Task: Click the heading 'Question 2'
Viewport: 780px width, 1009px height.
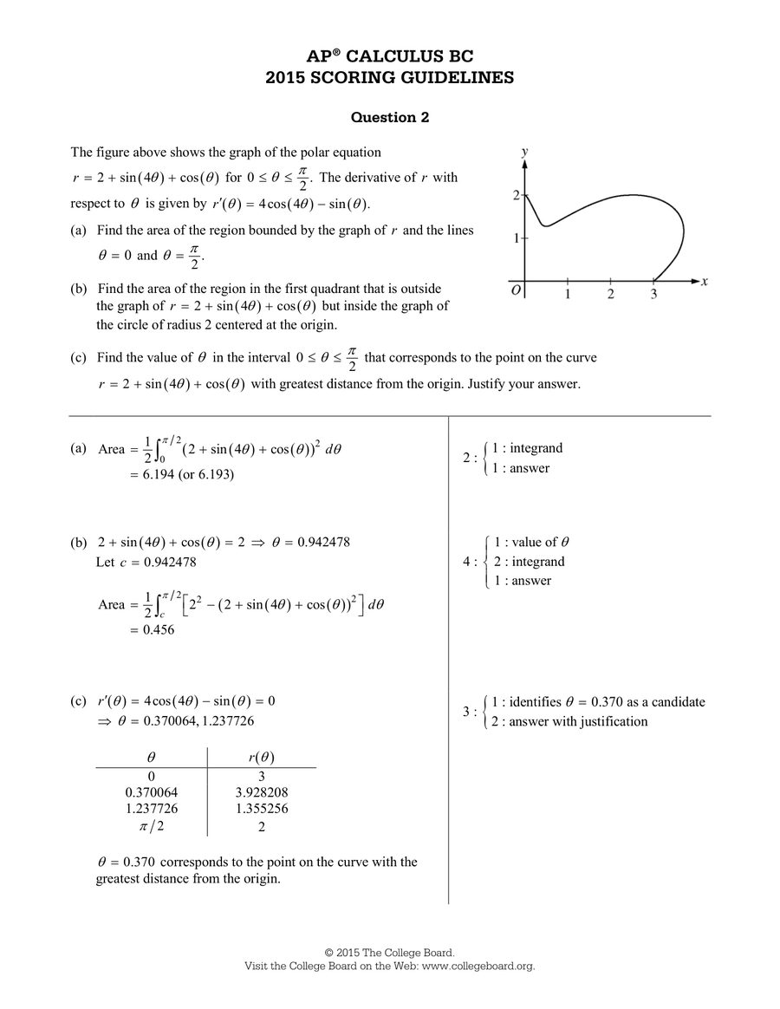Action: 389,117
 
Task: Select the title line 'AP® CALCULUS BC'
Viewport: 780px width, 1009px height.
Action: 389,57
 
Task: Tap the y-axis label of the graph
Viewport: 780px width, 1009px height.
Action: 525,152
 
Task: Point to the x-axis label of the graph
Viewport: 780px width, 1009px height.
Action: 705,281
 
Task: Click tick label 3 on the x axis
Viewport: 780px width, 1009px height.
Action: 653,295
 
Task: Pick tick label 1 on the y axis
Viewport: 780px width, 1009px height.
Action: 517,238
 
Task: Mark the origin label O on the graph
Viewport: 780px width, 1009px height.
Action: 516,291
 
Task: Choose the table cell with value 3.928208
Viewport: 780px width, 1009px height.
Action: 262,792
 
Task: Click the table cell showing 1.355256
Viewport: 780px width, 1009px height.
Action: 262,809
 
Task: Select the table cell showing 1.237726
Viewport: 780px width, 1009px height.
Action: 152,809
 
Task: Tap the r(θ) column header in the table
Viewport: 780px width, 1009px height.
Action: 262,758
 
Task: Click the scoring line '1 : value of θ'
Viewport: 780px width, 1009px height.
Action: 531,543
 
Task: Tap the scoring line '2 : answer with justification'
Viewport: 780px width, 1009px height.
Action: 569,721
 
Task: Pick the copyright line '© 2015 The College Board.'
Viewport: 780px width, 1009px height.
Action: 389,952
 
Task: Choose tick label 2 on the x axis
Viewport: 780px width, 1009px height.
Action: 610,295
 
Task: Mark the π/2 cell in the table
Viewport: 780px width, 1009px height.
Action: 152,826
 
